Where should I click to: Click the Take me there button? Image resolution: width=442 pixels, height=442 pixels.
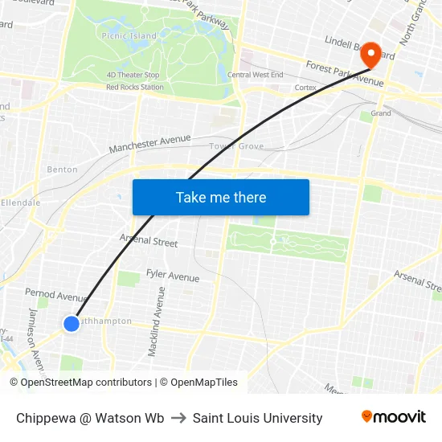tap(221, 197)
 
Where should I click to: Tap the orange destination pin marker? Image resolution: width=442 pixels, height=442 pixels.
tap(371, 55)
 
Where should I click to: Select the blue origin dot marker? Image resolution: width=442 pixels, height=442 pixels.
tap(71, 323)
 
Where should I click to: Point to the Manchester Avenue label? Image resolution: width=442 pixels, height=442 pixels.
tap(149, 144)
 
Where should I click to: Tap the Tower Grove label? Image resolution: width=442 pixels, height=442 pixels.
tap(236, 146)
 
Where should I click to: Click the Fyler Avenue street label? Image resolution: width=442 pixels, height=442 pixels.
tap(173, 276)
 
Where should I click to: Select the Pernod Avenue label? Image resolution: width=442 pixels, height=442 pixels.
tap(55, 295)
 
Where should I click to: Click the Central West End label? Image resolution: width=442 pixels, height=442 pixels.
tap(255, 75)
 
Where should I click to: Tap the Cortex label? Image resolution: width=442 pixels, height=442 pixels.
tap(305, 87)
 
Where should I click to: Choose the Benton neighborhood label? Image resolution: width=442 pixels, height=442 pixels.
tap(63, 170)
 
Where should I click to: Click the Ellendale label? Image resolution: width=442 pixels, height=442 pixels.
tap(20, 203)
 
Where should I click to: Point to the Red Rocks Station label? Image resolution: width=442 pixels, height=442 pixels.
tap(135, 87)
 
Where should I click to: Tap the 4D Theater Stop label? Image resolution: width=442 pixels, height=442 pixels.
tap(133, 75)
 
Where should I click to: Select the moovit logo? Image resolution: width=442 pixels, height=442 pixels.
tap(393, 417)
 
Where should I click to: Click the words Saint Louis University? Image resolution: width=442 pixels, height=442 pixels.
tap(257, 418)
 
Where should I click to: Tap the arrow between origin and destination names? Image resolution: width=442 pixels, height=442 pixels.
tap(178, 418)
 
